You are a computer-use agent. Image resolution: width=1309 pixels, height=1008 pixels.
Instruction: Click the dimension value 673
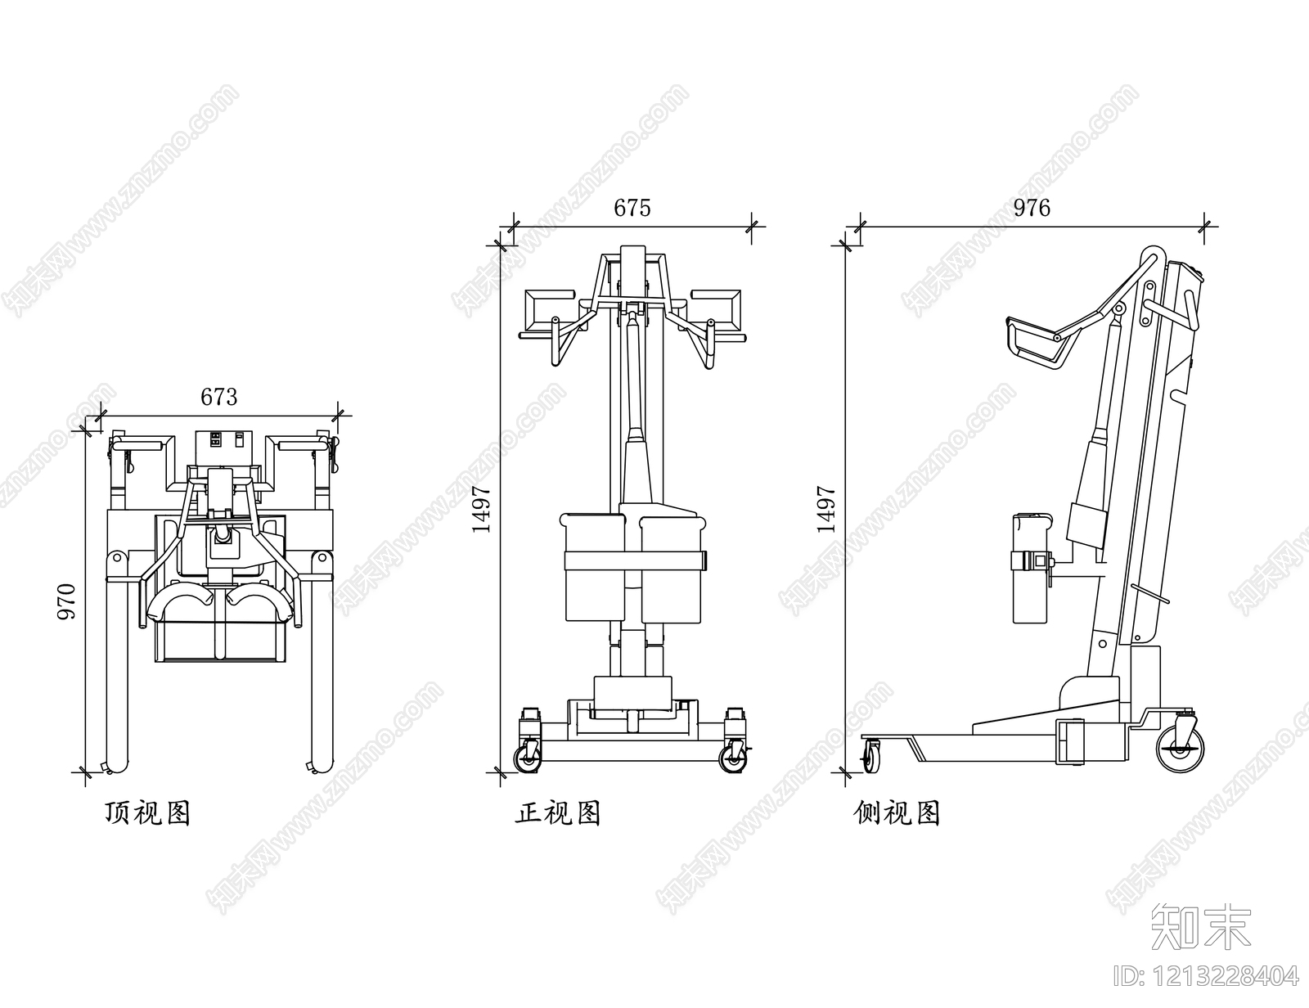click(219, 397)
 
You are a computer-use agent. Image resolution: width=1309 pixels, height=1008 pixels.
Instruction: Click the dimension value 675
click(632, 209)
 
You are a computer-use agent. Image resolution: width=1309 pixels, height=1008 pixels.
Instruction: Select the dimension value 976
click(1032, 209)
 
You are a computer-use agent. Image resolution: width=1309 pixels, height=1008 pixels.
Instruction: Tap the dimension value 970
click(66, 601)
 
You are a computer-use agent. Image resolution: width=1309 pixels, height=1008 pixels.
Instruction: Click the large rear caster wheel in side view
click(1181, 747)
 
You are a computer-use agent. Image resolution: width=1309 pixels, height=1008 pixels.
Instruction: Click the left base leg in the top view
click(118, 671)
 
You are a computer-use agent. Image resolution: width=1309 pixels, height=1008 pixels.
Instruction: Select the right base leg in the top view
click(322, 671)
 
